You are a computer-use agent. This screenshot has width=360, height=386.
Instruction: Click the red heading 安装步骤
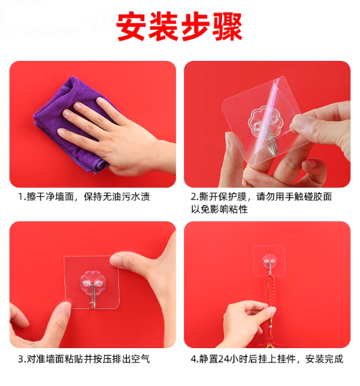179,26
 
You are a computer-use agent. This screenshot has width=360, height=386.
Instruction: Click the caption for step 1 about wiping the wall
85,197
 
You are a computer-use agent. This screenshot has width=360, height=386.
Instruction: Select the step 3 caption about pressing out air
85,359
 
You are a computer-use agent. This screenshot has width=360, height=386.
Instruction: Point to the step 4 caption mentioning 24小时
267,359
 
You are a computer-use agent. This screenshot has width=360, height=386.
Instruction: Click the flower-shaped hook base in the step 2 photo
263,122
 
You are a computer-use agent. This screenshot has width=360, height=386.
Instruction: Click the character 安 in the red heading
131,26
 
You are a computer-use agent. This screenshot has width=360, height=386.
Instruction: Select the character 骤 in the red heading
227,26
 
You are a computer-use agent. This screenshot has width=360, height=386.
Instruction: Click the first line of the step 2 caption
261,197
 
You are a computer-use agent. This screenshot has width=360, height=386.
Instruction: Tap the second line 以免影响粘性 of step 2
219,210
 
